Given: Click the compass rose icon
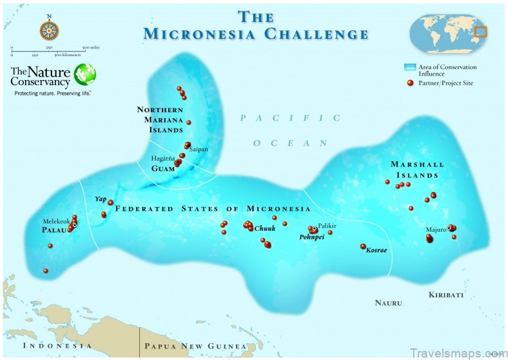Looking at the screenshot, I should tap(49, 29).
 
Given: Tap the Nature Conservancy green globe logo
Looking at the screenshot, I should tap(85, 74).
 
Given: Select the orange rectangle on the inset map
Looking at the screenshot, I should tap(480, 30).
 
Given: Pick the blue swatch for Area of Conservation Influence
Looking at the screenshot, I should tap(409, 67).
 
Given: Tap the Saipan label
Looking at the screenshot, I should tap(199, 149).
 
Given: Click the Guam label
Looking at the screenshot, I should tap(164, 169).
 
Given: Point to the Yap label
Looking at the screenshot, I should tap(101, 199).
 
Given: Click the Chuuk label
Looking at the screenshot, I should tap(264, 229).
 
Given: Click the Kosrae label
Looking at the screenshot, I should tap(376, 250).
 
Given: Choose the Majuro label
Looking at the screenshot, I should tap(436, 229).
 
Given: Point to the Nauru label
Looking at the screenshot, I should tap(389, 303).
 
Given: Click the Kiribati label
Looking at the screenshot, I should tap(446, 295).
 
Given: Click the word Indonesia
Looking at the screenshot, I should tap(57, 346).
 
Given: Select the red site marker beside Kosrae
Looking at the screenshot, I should tap(363, 246).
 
